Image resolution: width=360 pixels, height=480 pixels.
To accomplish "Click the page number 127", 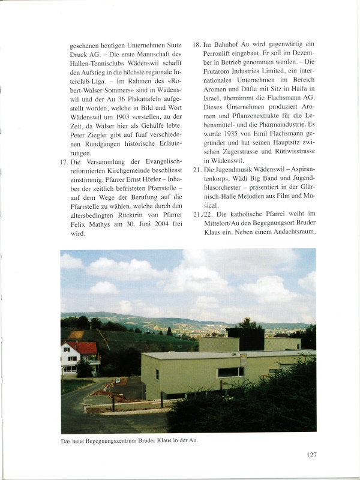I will [310, 455].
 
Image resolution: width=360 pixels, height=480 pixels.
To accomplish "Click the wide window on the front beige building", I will [231, 372].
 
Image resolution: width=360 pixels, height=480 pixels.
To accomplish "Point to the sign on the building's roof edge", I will [244, 360].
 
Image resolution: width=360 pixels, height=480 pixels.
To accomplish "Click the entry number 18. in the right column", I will [197, 44].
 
